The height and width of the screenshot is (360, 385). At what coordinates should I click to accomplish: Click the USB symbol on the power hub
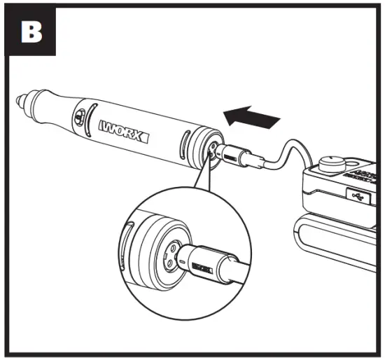pyautogui.click(x=357, y=198)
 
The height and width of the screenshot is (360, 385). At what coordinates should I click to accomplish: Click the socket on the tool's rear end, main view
pyautogui.click(x=211, y=148)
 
